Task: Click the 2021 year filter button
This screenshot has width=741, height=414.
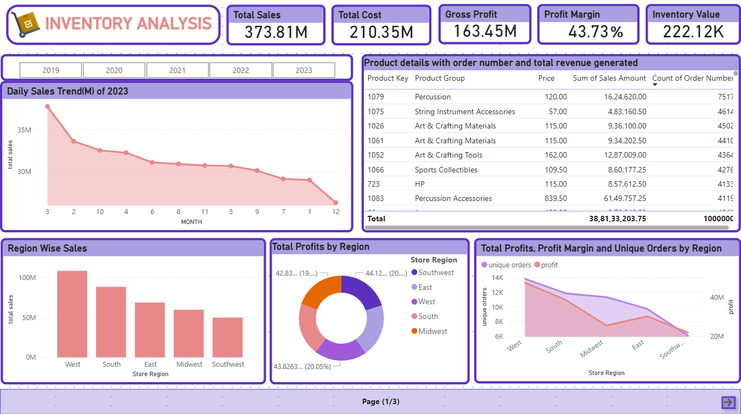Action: pos(177,70)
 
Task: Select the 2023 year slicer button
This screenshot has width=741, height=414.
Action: pos(304,70)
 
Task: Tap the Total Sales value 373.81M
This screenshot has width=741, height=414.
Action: pos(276,32)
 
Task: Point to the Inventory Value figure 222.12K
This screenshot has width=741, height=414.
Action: pos(693,32)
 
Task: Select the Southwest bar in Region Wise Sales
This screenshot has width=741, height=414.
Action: pos(228,337)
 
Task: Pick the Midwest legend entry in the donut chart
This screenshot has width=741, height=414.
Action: pos(433,331)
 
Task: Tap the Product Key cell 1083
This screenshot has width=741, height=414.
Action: pos(375,198)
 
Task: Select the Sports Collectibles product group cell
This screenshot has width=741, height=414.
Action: pos(446,170)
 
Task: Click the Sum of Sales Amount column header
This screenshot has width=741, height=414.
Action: pos(609,78)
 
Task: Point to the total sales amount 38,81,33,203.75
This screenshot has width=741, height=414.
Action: pos(617,219)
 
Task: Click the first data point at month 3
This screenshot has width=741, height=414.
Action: pos(47,107)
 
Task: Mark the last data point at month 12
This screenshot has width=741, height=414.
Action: pos(335,203)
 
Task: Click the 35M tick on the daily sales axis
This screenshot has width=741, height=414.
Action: pos(24,130)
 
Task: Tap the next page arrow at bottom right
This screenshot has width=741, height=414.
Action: pos(728,402)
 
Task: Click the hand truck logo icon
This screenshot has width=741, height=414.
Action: pos(25,24)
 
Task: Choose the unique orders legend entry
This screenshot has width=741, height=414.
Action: pos(509,265)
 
